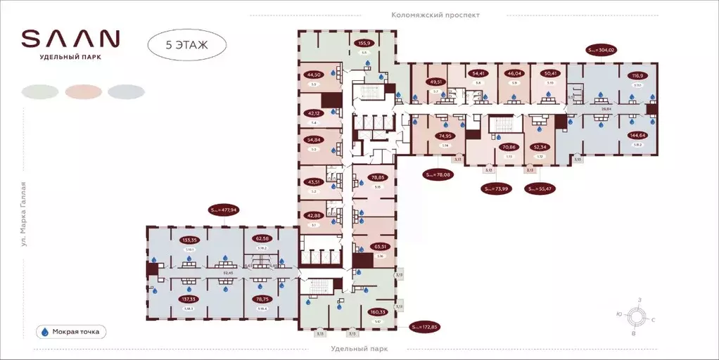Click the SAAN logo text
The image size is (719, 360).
pos(70,38)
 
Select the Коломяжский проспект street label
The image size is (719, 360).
pos(435,15)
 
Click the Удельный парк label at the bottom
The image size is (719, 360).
pos(359,349)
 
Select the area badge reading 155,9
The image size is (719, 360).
pos(364,42)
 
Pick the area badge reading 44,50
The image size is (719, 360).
pos(313,75)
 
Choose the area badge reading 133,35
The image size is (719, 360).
pos(190,240)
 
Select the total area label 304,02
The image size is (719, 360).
pos(602,50)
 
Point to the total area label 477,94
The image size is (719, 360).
pos(224,210)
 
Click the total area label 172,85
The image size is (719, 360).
pos(424,327)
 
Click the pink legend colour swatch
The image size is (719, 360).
pos(83,91)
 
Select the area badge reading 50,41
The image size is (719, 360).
pos(549,73)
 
